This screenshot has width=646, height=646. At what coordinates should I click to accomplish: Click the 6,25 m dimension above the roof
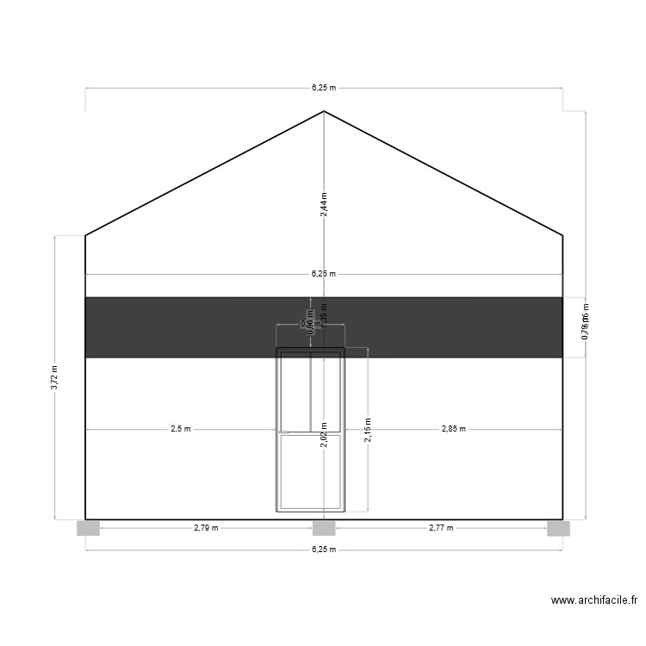point(324,87)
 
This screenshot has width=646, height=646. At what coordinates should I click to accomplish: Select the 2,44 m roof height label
point(324,204)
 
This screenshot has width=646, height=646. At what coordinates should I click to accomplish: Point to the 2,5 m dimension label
point(181,428)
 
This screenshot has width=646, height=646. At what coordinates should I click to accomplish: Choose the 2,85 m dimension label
point(453,428)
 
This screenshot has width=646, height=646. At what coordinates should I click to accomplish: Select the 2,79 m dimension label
point(206,528)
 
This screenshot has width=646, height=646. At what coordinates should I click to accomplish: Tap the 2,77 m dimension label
point(441,528)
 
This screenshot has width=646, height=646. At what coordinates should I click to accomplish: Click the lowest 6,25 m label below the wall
point(324,549)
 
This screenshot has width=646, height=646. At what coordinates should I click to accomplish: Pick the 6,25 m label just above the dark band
point(324,274)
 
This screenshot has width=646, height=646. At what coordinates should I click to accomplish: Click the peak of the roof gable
point(324,111)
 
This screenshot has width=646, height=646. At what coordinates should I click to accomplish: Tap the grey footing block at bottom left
point(88,528)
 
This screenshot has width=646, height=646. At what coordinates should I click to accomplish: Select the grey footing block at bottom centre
point(324,528)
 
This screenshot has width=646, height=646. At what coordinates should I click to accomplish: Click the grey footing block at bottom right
point(558,528)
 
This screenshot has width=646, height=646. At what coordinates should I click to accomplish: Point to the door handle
point(284,432)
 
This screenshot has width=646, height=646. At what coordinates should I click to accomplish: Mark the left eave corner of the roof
point(85,234)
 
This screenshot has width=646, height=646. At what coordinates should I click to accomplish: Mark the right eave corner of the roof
point(563,234)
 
